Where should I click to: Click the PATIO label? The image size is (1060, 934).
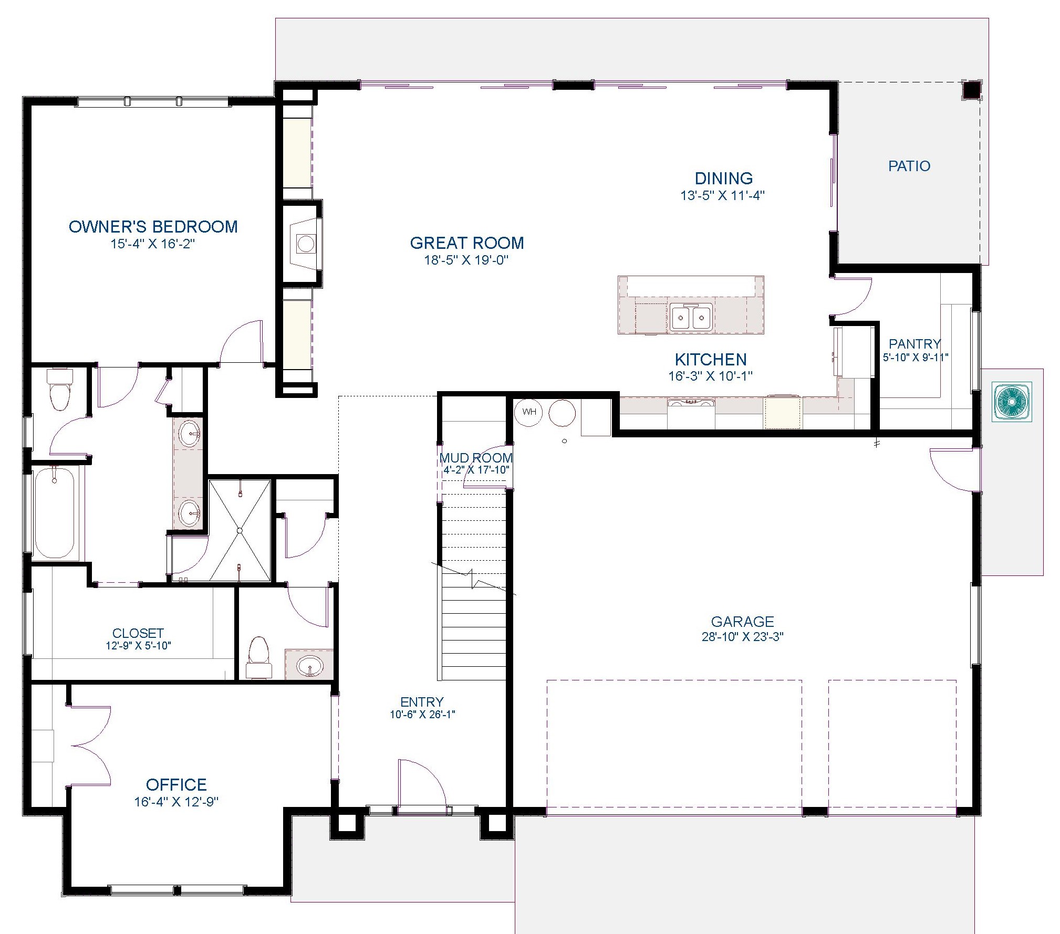[x=909, y=166]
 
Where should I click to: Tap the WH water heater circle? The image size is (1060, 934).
[x=529, y=412]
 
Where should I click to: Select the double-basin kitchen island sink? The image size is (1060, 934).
[x=691, y=317]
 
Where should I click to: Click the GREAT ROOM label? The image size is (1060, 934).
[x=466, y=243]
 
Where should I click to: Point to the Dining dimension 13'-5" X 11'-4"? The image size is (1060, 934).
[x=723, y=195]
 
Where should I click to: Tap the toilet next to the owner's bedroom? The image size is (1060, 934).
[x=59, y=389]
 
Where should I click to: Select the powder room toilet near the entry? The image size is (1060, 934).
[x=258, y=656]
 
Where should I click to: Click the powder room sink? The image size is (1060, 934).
[x=310, y=666]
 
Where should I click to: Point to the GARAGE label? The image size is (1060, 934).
[x=742, y=622]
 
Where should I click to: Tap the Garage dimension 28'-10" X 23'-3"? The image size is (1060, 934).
[x=742, y=637]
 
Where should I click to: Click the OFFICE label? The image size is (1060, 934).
[x=176, y=784]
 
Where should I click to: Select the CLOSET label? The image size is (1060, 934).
[x=138, y=633]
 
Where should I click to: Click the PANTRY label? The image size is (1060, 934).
[x=914, y=344]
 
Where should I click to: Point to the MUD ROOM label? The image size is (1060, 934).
[x=476, y=458]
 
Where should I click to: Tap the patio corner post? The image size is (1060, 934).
[x=971, y=90]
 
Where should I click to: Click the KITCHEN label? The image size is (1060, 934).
[x=710, y=360]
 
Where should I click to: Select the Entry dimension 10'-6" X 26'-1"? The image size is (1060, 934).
[x=422, y=715]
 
